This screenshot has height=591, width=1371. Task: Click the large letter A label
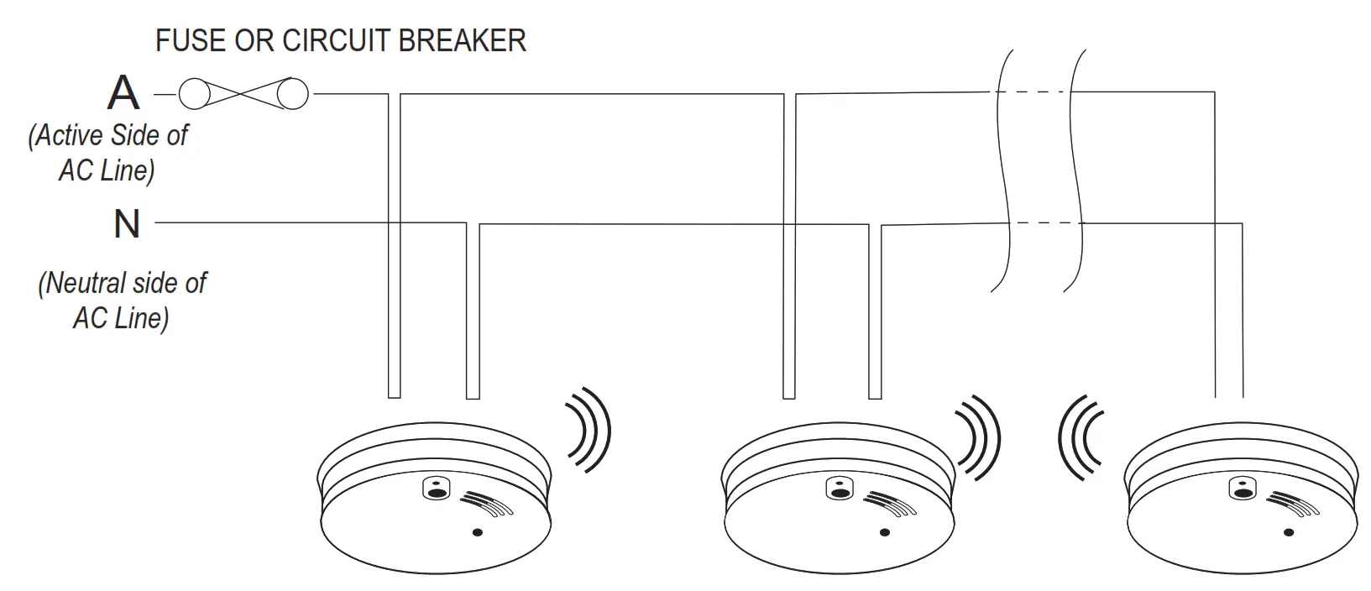pyautogui.click(x=123, y=93)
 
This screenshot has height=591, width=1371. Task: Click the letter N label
pyautogui.click(x=127, y=225)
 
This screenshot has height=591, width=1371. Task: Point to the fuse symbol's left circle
pyautogui.click(x=193, y=93)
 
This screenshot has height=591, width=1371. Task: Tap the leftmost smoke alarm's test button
pyautogui.click(x=437, y=488)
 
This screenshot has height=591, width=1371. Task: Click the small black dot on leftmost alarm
pyautogui.click(x=477, y=532)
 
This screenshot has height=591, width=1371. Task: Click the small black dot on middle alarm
pyautogui.click(x=884, y=532)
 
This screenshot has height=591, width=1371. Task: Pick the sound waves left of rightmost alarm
pyautogui.click(x=1081, y=437)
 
